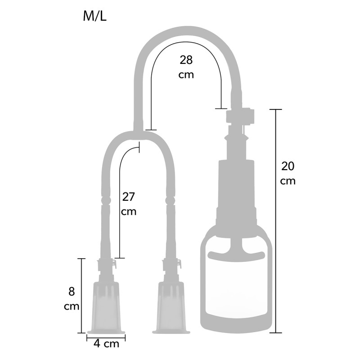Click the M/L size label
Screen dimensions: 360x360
(94, 16)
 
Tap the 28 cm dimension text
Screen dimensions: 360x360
(186, 67)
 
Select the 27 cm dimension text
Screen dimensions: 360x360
(129, 204)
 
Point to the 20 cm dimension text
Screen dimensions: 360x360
(288, 173)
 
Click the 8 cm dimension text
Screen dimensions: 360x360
(72, 299)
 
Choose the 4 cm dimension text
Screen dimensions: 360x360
(107, 344)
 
